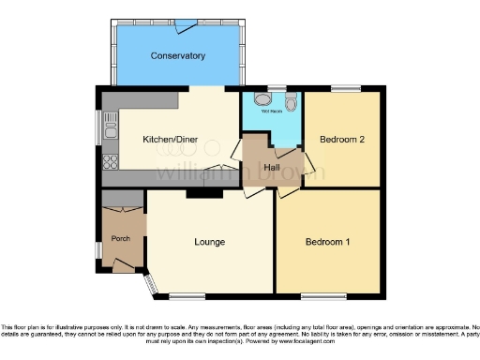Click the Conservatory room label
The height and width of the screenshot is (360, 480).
[x=178, y=56]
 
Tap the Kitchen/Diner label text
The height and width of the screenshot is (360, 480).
[x=165, y=140]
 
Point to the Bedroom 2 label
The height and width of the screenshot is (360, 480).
[x=341, y=140]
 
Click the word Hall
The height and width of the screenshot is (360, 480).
[x=273, y=166]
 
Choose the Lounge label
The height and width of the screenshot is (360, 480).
[x=209, y=242]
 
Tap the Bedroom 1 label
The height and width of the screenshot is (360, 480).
[x=328, y=242]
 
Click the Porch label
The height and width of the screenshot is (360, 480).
[x=121, y=237]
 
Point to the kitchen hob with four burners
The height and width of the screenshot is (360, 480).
[x=110, y=159]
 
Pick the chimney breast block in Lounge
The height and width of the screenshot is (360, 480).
[x=203, y=193]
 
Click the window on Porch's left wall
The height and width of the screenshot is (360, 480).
[x=98, y=249]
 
